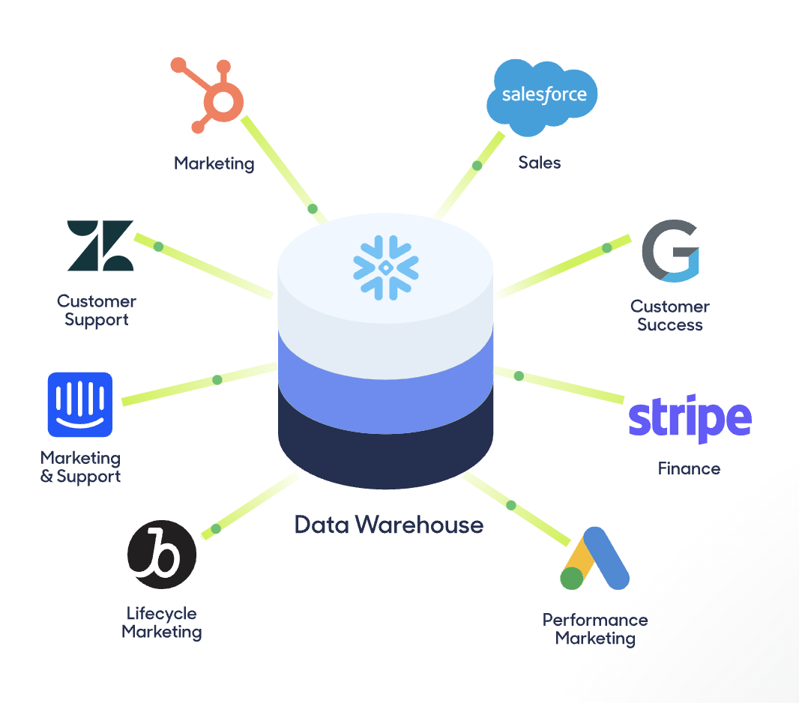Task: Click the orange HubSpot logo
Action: click(x=213, y=97)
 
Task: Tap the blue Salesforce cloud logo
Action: click(x=543, y=95)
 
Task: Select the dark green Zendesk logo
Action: click(x=100, y=246)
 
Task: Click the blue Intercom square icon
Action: click(x=80, y=405)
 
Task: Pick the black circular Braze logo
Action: click(x=162, y=555)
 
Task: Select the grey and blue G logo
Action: click(x=670, y=251)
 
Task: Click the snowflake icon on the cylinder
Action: click(x=385, y=266)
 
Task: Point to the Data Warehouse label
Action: click(x=388, y=525)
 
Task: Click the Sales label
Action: click(x=540, y=163)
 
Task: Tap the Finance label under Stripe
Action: click(x=689, y=469)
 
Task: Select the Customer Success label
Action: click(x=670, y=316)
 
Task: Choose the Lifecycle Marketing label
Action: click(x=162, y=623)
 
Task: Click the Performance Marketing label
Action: click(x=595, y=630)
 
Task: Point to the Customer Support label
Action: click(x=97, y=310)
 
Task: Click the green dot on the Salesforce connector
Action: click(x=477, y=166)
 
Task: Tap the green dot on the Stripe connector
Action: click(x=519, y=376)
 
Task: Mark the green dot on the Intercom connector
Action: click(x=217, y=380)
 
